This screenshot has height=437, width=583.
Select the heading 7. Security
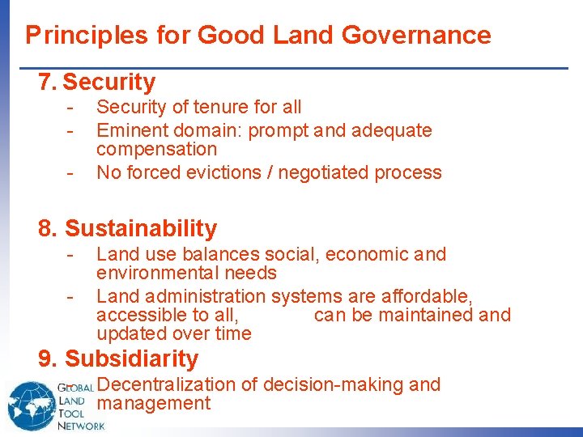click(x=97, y=82)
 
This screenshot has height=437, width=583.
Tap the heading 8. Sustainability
click(x=128, y=228)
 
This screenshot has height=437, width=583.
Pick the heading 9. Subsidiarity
click(x=118, y=359)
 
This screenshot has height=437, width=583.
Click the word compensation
click(x=156, y=150)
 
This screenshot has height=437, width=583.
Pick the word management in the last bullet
click(x=154, y=404)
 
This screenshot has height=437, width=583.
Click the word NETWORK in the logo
click(x=81, y=425)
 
